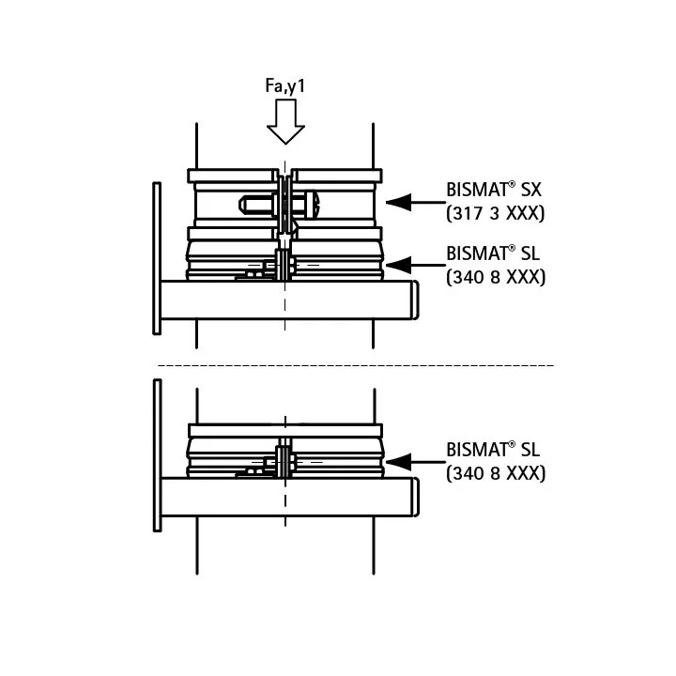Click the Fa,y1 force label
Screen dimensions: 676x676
(x=285, y=85)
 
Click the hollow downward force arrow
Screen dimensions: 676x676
(x=285, y=121)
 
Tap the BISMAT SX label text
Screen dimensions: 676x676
(x=493, y=190)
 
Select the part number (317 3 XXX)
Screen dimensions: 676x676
(x=496, y=213)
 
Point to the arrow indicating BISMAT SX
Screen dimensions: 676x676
(x=416, y=202)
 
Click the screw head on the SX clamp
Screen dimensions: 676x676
(x=314, y=205)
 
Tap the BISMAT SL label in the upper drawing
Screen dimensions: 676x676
(x=493, y=253)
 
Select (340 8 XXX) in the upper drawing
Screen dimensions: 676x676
(x=496, y=277)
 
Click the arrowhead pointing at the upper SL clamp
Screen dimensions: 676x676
(x=398, y=265)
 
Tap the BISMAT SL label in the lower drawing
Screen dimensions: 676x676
(x=493, y=450)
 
